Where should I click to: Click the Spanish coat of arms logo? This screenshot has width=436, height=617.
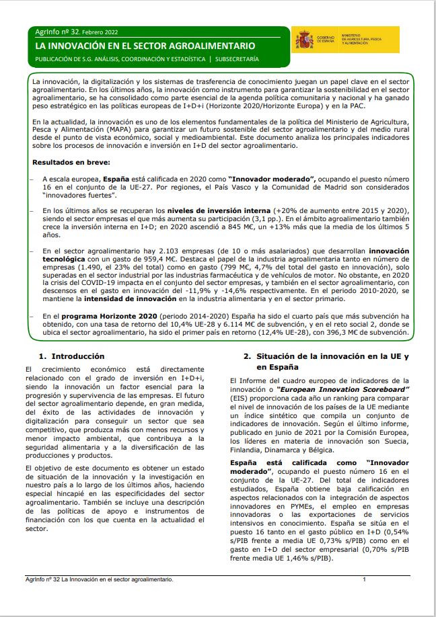click(x=303, y=40)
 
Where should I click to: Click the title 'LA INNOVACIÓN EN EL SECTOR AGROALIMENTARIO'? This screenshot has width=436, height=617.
click(x=145, y=46)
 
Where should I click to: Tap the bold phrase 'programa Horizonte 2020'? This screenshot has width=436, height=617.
click(x=100, y=315)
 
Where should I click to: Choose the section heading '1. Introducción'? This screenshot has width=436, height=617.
click(x=72, y=356)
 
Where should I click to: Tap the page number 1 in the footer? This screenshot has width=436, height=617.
click(x=363, y=580)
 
